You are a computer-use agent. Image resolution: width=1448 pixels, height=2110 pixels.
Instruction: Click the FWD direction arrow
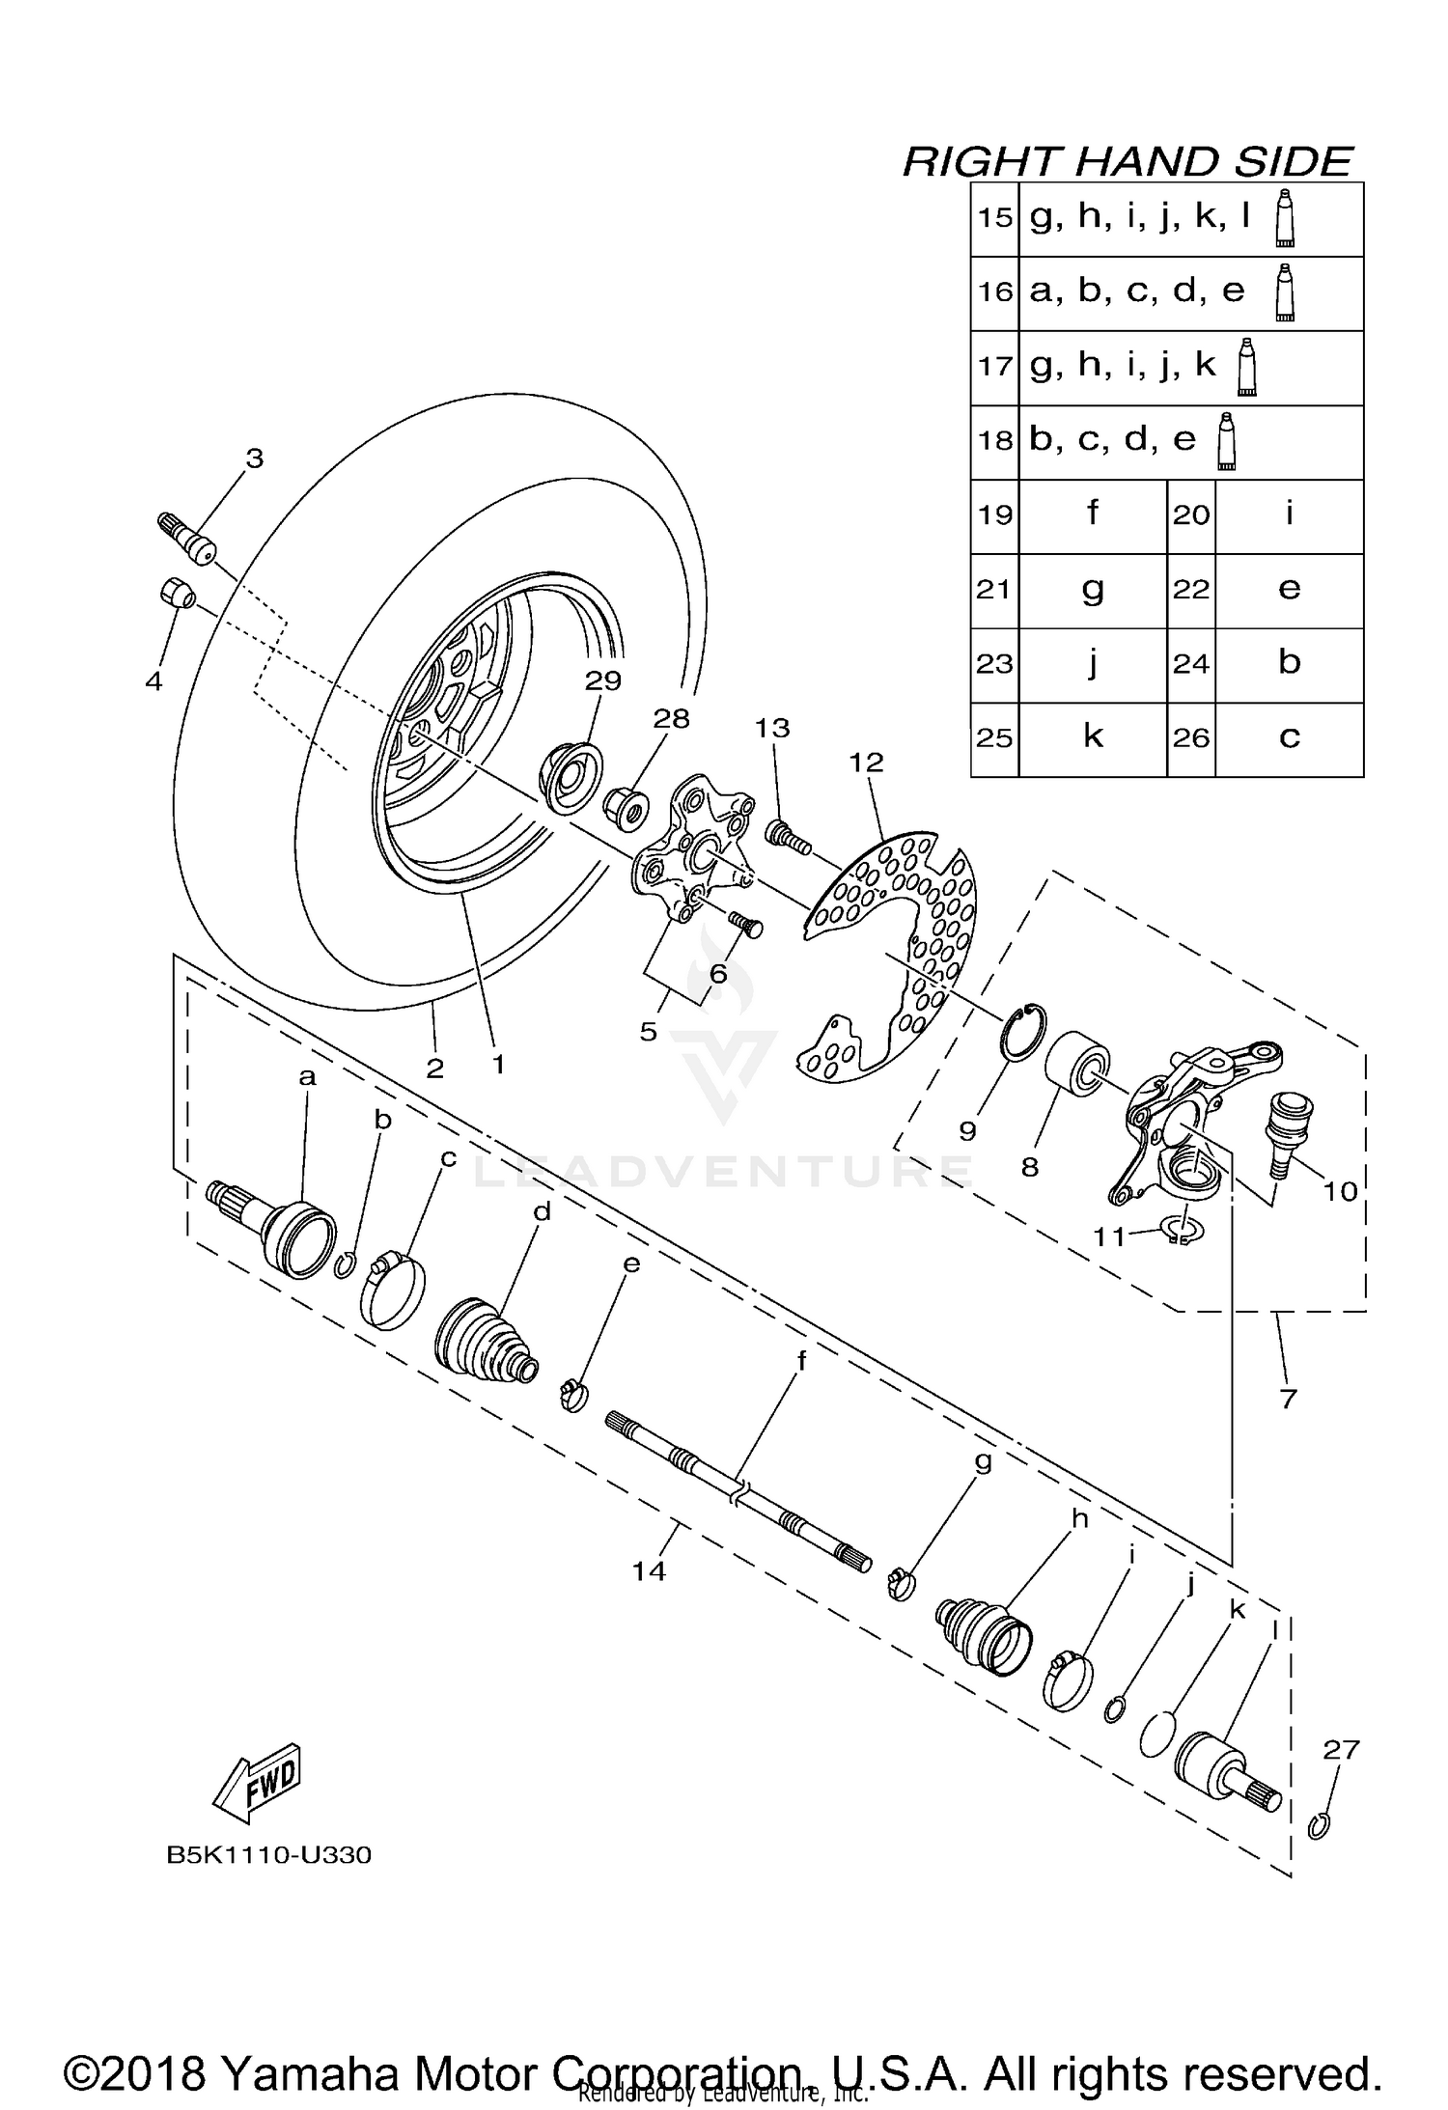coord(258,1782)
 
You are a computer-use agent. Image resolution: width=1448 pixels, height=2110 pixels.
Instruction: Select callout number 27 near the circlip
coord(1341,1748)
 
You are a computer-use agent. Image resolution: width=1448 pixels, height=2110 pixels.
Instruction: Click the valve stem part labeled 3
coord(189,541)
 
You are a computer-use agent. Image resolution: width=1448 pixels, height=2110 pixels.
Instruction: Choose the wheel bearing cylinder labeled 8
coord(1077,1062)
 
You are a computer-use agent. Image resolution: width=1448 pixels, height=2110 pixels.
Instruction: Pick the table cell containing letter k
coord(1092,738)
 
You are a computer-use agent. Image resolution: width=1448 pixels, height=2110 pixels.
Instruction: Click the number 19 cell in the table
coord(994,514)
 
